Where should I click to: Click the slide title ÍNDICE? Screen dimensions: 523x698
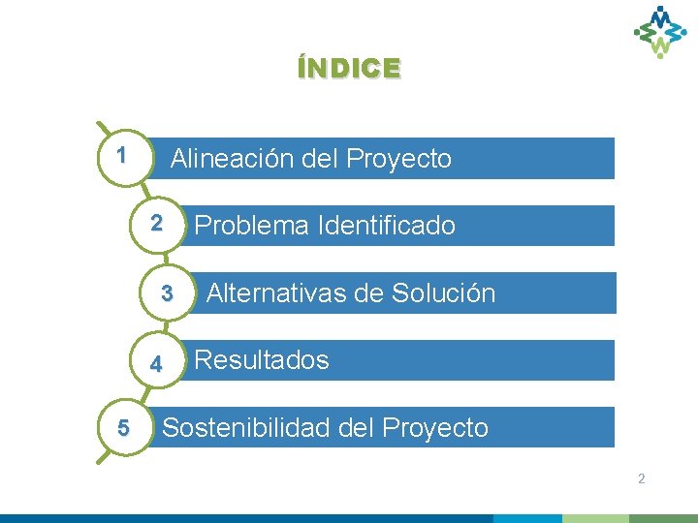pyautogui.click(x=349, y=68)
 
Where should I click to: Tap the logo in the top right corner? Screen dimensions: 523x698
pyautogui.click(x=660, y=31)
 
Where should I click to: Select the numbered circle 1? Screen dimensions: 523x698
pyautogui.click(x=121, y=154)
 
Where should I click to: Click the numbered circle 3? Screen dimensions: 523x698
pyautogui.click(x=167, y=292)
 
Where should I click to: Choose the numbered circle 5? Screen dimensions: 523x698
pyautogui.click(x=122, y=427)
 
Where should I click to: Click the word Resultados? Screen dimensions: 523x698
pyautogui.click(x=262, y=360)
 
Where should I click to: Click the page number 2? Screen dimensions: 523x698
pyautogui.click(x=641, y=479)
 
